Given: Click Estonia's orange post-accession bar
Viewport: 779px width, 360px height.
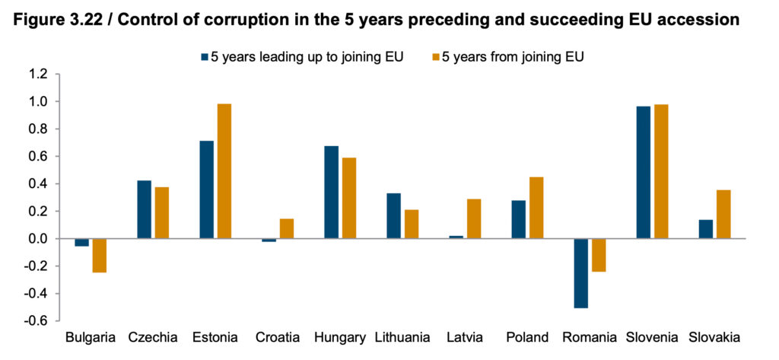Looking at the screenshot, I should tap(224, 171).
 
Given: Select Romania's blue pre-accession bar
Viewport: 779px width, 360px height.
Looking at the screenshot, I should tap(581, 273).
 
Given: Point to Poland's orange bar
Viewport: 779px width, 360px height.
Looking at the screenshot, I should tap(536, 208).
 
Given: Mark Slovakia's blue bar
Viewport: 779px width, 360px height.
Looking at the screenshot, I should tap(706, 229).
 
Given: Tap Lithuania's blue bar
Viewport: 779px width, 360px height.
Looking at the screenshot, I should tap(393, 216).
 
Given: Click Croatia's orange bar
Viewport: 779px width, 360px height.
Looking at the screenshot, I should tap(287, 229).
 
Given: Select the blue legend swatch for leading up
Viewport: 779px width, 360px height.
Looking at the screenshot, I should tap(205, 56).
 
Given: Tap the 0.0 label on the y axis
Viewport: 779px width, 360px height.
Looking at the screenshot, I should tap(38, 239).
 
